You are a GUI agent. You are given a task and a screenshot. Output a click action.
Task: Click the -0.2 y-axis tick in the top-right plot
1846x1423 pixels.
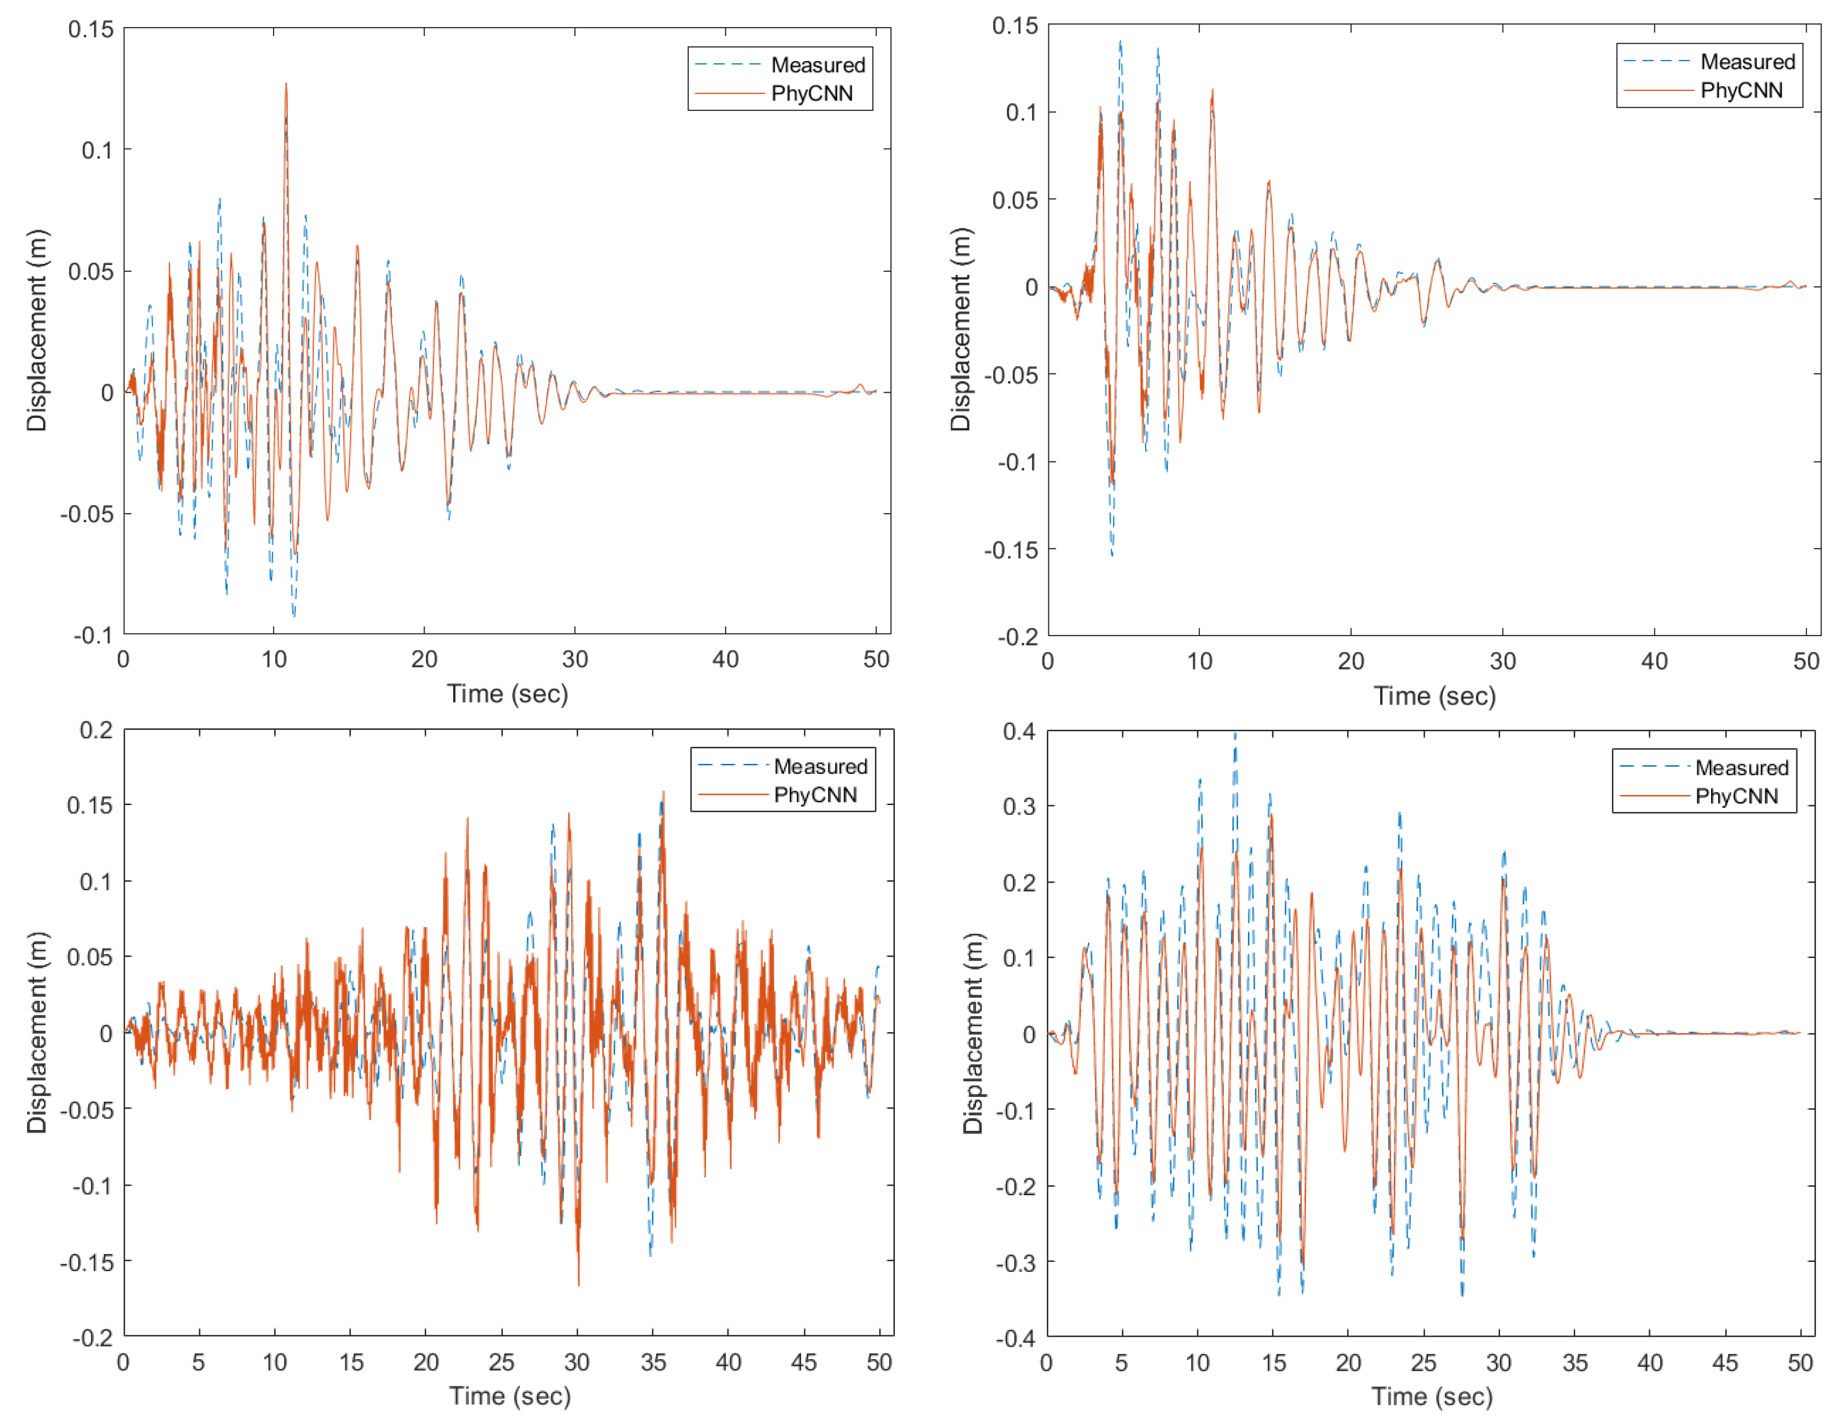pos(1017,637)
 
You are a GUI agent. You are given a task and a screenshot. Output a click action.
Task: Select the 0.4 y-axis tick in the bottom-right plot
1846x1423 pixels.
pos(1019,731)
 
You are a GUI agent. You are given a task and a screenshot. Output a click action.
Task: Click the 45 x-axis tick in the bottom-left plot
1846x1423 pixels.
pos(804,1362)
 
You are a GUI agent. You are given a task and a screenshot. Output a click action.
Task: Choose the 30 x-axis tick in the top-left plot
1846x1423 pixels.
pos(575,660)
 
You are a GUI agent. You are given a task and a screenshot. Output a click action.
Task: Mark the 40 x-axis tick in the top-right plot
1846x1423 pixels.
pos(1654,661)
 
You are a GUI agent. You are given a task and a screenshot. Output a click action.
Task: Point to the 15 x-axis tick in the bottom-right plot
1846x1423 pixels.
pos(1273,1363)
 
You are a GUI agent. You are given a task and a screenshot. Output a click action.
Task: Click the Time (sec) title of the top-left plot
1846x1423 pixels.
pos(507,694)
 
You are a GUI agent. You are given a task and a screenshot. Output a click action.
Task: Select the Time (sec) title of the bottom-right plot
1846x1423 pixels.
pos(1431,1396)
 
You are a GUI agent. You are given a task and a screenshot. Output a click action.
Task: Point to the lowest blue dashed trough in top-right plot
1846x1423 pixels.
pos(1112,555)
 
